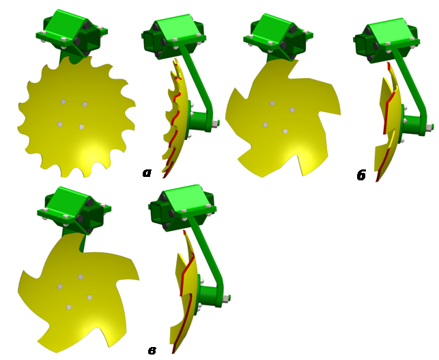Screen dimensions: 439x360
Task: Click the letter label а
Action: coord(147,173)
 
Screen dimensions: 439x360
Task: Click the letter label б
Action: coord(361,175)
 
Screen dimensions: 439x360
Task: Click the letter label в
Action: coord(152,350)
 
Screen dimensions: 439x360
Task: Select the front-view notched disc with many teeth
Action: coord(76,116)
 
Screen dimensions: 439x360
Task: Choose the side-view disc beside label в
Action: coord(185,292)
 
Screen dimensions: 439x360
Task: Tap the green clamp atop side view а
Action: coord(173,36)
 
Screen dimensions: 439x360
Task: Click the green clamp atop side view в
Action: coord(182,208)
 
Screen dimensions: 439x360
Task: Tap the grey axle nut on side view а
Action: coord(216,123)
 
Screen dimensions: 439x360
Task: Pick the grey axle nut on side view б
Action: coord(430,126)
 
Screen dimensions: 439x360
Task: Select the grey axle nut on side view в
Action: coord(226,296)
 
